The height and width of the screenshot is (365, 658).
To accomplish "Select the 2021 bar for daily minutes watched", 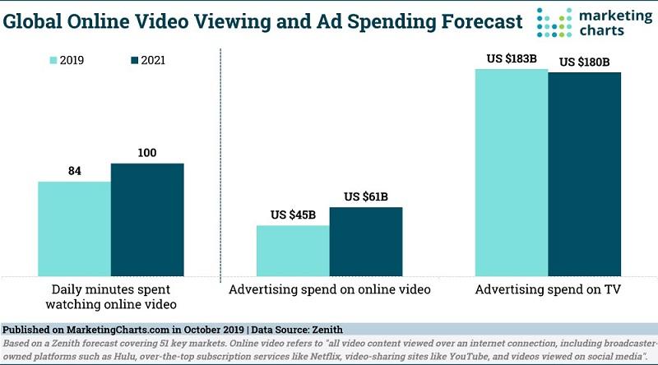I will pyautogui.click(x=147, y=219).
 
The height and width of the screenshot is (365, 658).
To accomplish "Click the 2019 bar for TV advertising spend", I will pyautogui.click(x=511, y=173).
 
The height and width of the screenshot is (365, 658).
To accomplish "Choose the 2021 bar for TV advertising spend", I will pyautogui.click(x=584, y=174).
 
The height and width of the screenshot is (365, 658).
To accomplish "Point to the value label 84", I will pyautogui.click(x=75, y=171).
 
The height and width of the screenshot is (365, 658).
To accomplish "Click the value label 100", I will pyautogui.click(x=147, y=153).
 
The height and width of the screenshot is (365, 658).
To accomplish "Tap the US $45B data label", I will pyautogui.click(x=294, y=215).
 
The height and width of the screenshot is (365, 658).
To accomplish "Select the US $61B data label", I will pyautogui.click(x=367, y=196).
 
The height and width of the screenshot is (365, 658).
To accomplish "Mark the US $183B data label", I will pyautogui.click(x=511, y=58).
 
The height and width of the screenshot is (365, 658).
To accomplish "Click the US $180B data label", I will pyautogui.click(x=586, y=62).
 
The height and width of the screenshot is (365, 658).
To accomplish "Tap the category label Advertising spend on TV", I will pyautogui.click(x=548, y=290).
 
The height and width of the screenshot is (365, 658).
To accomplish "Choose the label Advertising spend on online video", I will pyautogui.click(x=330, y=290).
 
